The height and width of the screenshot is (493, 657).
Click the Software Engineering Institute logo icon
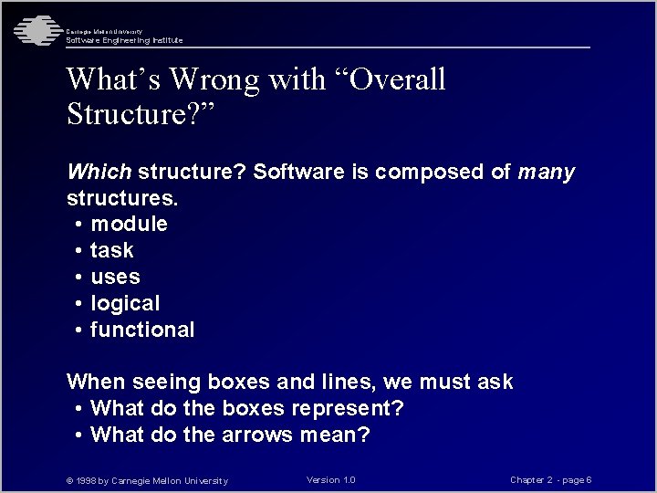(x=35, y=30)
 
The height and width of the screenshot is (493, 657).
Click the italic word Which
(x=99, y=172)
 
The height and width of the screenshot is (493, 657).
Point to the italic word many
(x=547, y=172)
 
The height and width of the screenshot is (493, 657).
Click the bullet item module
(x=129, y=224)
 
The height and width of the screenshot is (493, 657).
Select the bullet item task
(x=111, y=250)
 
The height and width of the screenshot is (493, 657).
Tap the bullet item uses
(x=115, y=277)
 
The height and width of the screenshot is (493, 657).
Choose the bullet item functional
(x=141, y=330)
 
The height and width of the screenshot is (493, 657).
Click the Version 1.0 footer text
(x=331, y=480)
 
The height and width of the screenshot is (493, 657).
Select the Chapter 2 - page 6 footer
(x=551, y=480)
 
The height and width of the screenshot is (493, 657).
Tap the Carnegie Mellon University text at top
(x=103, y=32)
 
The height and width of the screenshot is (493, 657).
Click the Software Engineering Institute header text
(x=124, y=40)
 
